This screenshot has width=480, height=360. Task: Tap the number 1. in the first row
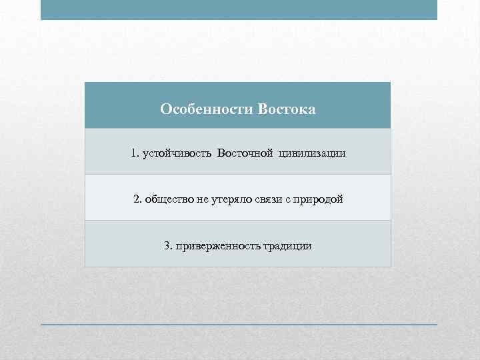(135, 153)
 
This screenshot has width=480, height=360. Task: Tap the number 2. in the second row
(137, 199)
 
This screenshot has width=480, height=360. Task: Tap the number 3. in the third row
(168, 245)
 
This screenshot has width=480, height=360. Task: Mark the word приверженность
(215, 246)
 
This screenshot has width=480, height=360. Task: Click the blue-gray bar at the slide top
(239, 10)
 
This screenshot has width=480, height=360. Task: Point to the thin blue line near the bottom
(239, 325)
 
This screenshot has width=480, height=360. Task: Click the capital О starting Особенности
(165, 108)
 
